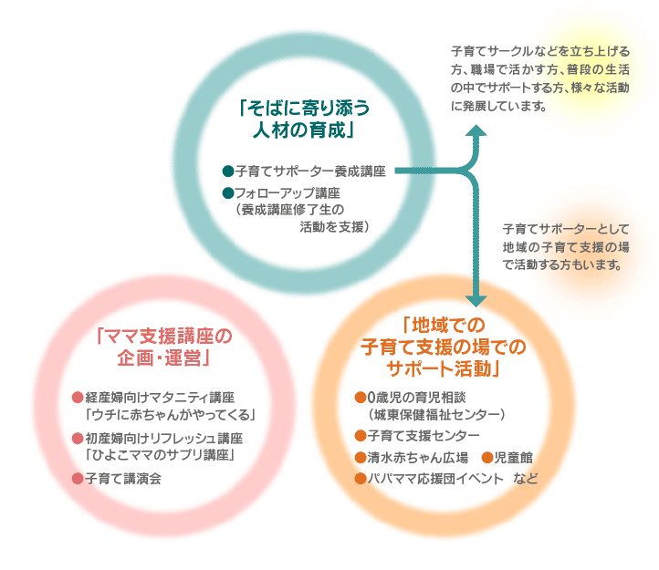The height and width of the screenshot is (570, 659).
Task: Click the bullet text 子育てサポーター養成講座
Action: point(309,171)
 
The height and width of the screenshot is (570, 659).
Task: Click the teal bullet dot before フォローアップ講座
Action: point(227,193)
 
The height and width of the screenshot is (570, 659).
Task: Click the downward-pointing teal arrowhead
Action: point(476,300)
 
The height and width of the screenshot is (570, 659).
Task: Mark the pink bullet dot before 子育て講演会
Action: point(77,478)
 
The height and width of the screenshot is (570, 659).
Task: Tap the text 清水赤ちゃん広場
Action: point(417,457)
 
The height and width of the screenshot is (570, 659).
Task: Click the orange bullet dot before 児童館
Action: point(486,457)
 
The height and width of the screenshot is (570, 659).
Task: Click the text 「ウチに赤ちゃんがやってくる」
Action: point(169,415)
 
